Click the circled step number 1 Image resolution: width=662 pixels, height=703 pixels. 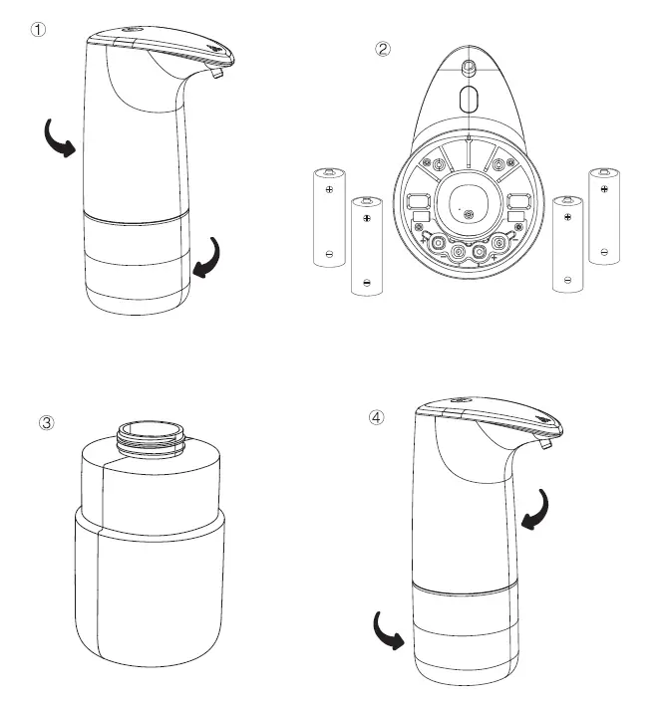[x=38, y=30]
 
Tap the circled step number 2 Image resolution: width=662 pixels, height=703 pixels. [x=383, y=49]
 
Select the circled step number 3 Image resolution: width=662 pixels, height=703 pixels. [x=47, y=422]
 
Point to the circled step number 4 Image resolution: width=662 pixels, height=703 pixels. [x=376, y=417]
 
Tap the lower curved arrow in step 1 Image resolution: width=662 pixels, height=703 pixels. [x=207, y=260]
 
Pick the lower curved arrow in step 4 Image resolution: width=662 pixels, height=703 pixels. [x=387, y=630]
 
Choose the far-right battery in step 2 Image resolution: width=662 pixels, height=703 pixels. [x=604, y=217]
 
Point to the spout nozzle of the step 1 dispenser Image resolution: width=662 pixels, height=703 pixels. [x=216, y=73]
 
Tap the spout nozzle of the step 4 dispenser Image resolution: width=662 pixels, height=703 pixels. [x=545, y=443]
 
